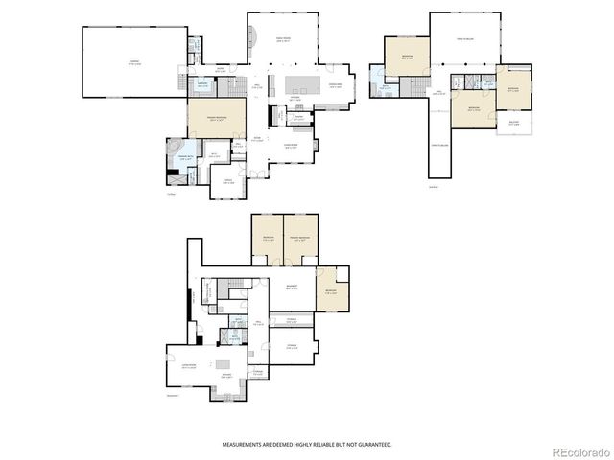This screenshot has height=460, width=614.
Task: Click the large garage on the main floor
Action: point(133,61)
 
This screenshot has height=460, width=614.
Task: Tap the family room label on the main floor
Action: point(283,40)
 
